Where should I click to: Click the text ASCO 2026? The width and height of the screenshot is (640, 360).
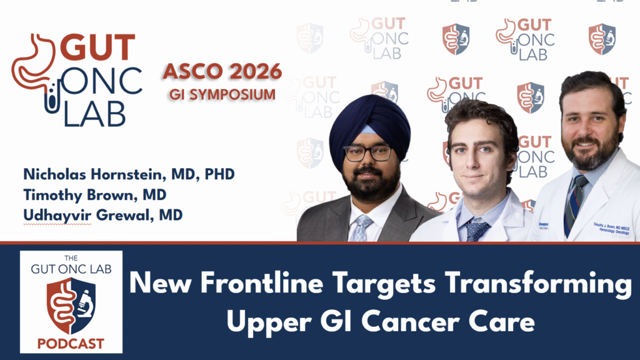[222, 72]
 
